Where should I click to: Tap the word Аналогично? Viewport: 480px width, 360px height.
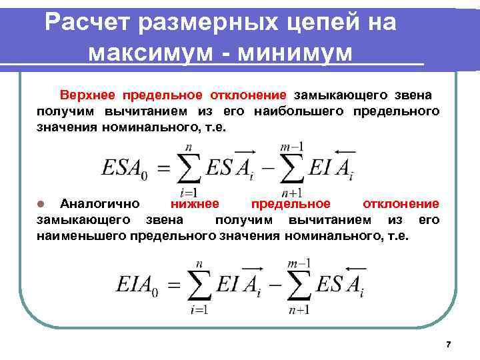(x=99, y=204)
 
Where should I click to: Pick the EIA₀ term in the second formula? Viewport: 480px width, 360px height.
(x=140, y=286)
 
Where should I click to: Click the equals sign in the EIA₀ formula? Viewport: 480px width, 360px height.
(x=173, y=287)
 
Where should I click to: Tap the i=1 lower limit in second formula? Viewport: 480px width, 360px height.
(x=198, y=309)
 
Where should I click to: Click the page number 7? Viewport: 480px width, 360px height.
(x=448, y=344)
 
